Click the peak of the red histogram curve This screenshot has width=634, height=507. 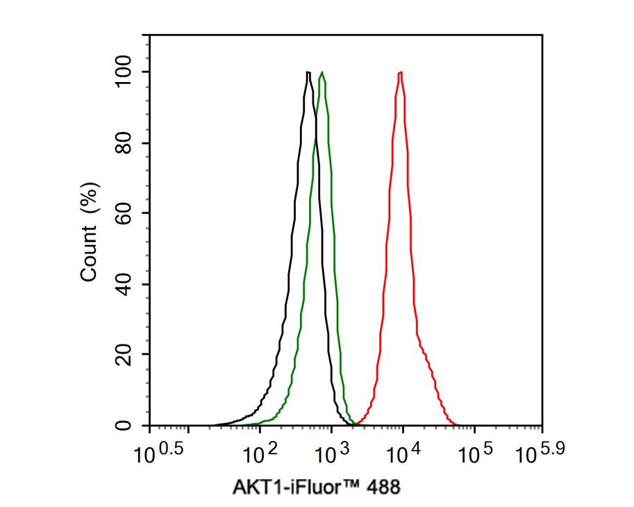(x=401, y=72)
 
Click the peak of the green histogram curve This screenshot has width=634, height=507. (x=322, y=72)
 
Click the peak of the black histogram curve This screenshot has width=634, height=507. (x=307, y=72)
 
